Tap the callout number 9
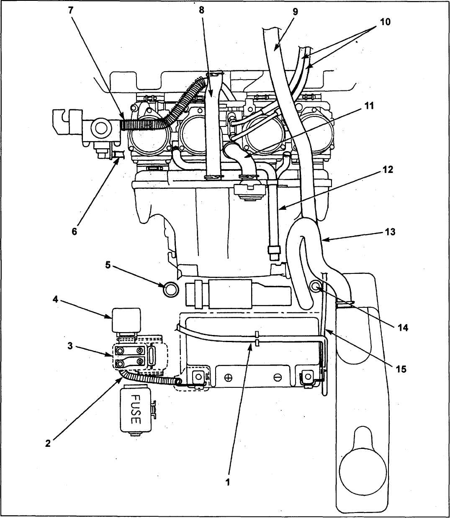[x=295, y=11]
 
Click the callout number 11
[x=369, y=106]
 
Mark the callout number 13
[x=390, y=232]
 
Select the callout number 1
[x=228, y=482]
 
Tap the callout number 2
[x=48, y=444]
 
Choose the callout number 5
[x=108, y=265]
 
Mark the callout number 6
[x=75, y=231]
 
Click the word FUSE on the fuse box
[x=135, y=409]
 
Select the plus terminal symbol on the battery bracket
[x=228, y=378]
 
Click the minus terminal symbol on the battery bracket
[x=277, y=378]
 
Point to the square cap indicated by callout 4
[x=126, y=319]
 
